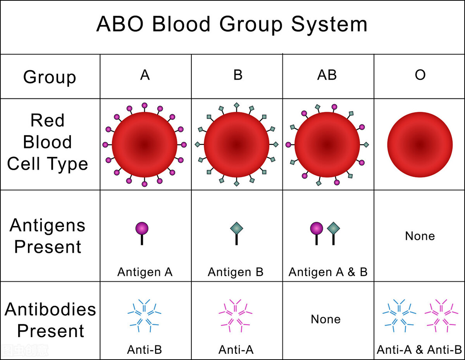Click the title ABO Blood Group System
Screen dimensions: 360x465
click(x=232, y=24)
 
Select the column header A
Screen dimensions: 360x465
click(x=145, y=75)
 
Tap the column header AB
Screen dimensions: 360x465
click(x=327, y=75)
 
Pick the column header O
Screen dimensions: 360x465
click(x=420, y=75)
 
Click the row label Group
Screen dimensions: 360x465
click(x=50, y=77)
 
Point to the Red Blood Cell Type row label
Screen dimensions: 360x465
click(x=47, y=142)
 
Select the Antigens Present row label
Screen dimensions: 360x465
click(x=47, y=236)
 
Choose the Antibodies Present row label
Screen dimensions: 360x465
click(x=50, y=320)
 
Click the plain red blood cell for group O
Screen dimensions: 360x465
click(x=420, y=145)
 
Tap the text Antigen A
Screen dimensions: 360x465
click(x=145, y=272)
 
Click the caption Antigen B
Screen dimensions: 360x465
click(x=236, y=272)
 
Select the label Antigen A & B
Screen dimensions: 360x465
click(x=328, y=272)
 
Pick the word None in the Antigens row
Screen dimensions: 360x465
click(x=420, y=236)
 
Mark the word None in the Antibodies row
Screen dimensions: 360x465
click(x=326, y=319)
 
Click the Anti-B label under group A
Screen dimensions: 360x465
click(x=145, y=350)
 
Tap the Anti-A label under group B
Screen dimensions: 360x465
click(x=236, y=350)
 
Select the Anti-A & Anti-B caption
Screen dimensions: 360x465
click(x=420, y=350)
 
